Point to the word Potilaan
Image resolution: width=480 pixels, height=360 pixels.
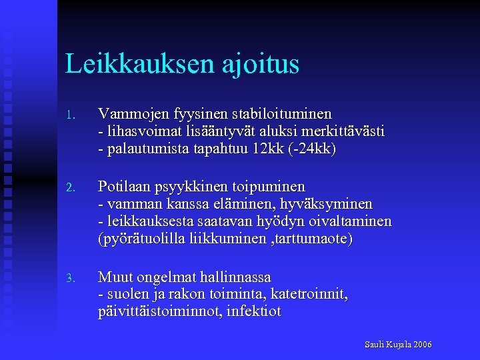tap(124, 186)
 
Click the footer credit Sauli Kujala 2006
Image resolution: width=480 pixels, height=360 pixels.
tap(398, 345)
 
